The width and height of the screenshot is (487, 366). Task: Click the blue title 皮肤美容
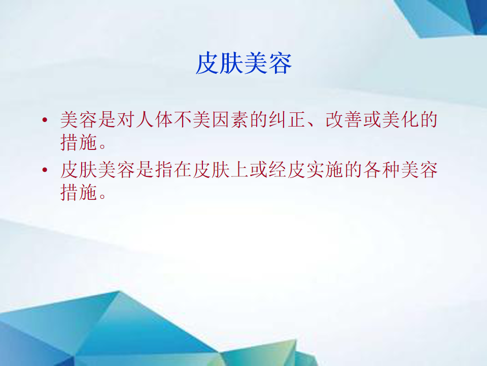click(x=244, y=64)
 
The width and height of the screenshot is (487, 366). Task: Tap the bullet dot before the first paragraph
click(x=45, y=119)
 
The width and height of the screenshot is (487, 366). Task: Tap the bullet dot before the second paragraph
click(x=45, y=170)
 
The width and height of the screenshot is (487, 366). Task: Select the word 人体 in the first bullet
click(x=154, y=119)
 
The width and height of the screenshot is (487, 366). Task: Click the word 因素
click(x=230, y=119)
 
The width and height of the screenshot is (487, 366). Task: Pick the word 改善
click(x=344, y=119)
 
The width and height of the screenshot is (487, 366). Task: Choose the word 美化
click(x=401, y=119)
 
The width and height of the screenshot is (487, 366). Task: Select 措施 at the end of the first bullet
click(x=79, y=142)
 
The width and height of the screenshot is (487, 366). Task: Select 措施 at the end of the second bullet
click(x=79, y=192)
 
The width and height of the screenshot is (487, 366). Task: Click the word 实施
click(x=325, y=170)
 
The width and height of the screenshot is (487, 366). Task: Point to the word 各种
click(x=381, y=170)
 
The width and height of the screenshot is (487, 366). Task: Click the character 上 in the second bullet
click(x=239, y=170)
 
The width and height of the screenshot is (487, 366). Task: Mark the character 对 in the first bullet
click(x=126, y=119)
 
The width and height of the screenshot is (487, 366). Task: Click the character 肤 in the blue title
click(x=231, y=64)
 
